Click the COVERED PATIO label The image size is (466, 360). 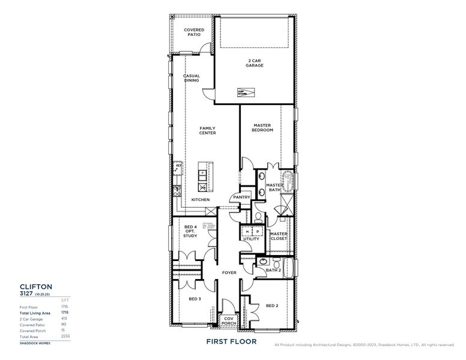pos(193,32)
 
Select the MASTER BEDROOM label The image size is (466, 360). pos(262,128)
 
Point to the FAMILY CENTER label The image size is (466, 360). pos(208,130)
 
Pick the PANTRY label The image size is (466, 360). pos(241,197)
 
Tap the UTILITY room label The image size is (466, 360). pos(251,239)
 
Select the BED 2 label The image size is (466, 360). pos(271,305)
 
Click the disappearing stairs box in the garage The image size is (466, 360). pos(246,93)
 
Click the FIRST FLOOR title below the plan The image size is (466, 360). pos(231,341)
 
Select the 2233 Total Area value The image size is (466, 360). pos(65,337)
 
